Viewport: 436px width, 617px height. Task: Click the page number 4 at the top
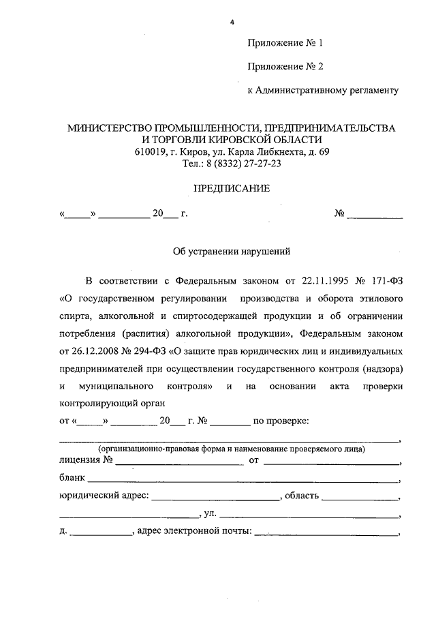(x=232, y=22)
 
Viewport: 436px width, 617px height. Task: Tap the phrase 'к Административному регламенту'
(x=322, y=89)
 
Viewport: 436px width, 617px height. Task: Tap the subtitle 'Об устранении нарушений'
(x=231, y=251)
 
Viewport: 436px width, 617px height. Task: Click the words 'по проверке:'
(x=281, y=421)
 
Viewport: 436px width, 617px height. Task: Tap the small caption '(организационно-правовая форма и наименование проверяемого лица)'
(x=231, y=450)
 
